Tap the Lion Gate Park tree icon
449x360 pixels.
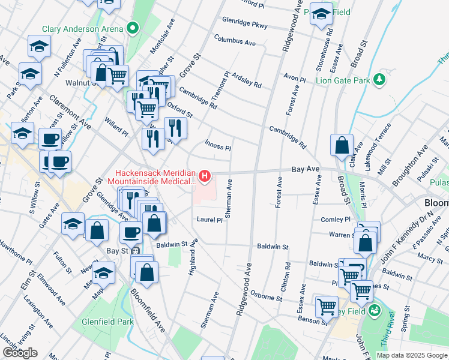pyautogui.click(x=379, y=79)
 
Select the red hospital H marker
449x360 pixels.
pyautogui.click(x=205, y=176)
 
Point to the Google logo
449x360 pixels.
pyautogui.click(x=20, y=353)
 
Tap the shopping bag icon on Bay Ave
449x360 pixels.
pyautogui.click(x=342, y=145)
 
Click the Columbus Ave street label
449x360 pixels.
pyautogui.click(x=235, y=43)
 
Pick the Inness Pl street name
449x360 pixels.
pyautogui.click(x=218, y=146)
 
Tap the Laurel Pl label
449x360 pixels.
pyautogui.click(x=209, y=220)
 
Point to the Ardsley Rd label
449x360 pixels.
pyautogui.click(x=247, y=81)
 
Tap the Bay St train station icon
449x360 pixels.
pyautogui.click(x=136, y=251)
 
